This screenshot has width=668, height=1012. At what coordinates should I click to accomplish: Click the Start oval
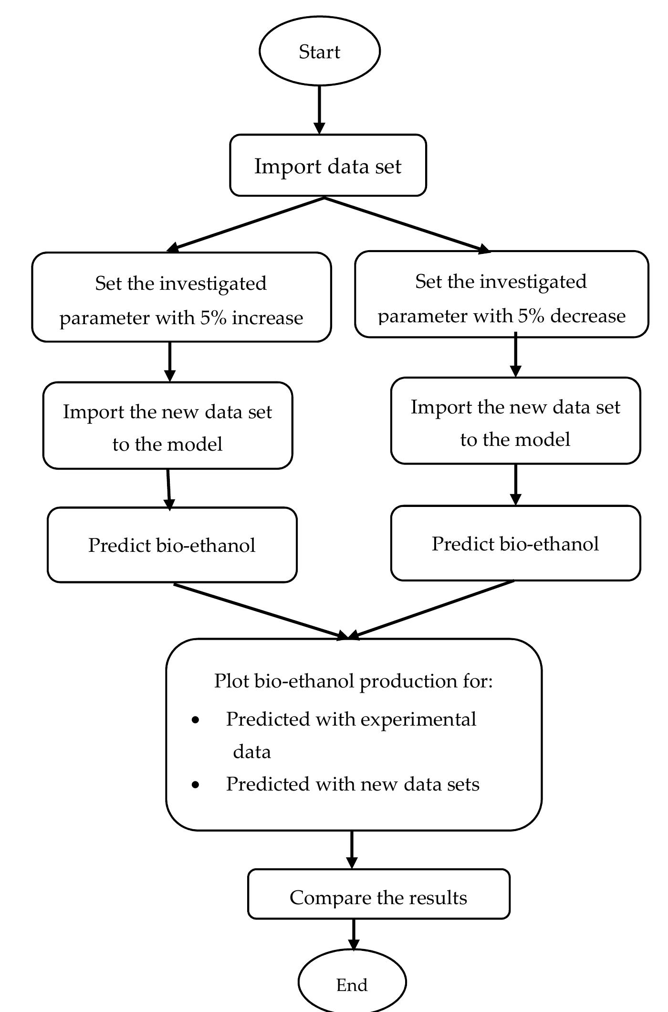click(x=319, y=51)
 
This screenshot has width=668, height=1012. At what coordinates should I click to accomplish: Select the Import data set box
click(x=328, y=166)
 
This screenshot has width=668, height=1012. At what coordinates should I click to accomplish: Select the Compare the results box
click(x=378, y=897)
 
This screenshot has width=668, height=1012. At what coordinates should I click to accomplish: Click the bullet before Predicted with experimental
click(x=195, y=720)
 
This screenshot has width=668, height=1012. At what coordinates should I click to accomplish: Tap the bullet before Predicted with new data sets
click(x=195, y=784)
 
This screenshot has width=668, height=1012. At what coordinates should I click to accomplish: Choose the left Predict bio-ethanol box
click(x=172, y=545)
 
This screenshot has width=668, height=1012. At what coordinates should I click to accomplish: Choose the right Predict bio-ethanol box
click(x=515, y=544)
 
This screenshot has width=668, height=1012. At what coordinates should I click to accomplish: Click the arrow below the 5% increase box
click(x=170, y=361)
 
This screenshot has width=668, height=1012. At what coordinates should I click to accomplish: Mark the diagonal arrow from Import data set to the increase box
click(x=246, y=224)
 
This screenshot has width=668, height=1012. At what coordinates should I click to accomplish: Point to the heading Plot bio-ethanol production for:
click(x=353, y=681)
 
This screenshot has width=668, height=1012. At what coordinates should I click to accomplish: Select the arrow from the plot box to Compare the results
click(x=352, y=849)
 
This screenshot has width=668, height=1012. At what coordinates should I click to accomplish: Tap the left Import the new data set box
click(x=167, y=426)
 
